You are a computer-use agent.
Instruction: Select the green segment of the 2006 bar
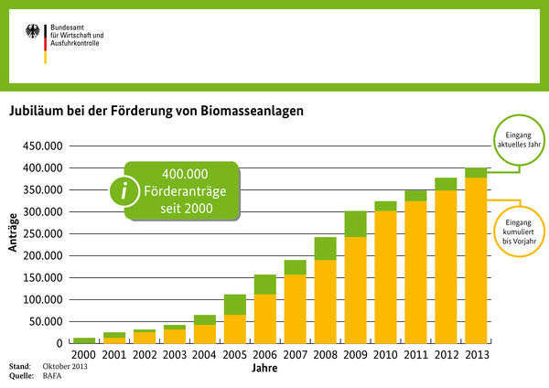pos(265,285)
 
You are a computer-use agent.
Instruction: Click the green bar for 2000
pos(84,340)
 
